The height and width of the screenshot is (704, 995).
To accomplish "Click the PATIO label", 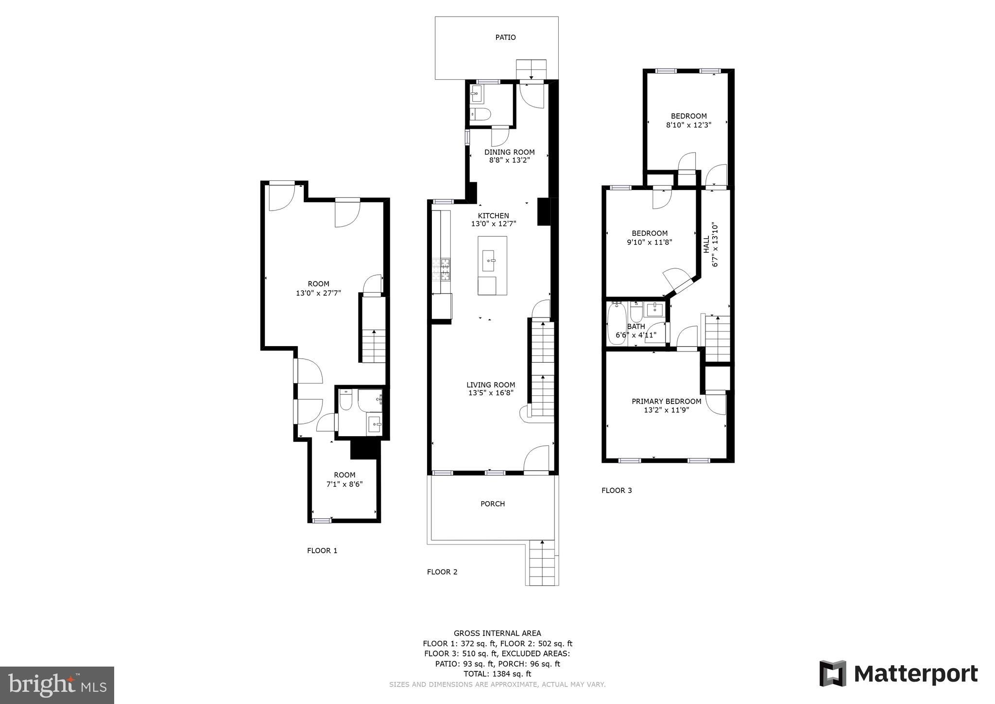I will pyautogui.click(x=505, y=37).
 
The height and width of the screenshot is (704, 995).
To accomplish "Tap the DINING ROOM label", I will pyautogui.click(x=509, y=152).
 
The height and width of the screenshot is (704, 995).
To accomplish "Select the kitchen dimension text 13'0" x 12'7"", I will pyautogui.click(x=493, y=224).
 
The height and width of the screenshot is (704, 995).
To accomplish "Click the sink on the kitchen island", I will pyautogui.click(x=488, y=261).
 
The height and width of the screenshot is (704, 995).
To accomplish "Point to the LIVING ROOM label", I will pyautogui.click(x=491, y=385).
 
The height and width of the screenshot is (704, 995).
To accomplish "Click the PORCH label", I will pyautogui.click(x=493, y=504).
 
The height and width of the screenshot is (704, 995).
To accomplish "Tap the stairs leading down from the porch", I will pyautogui.click(x=541, y=564).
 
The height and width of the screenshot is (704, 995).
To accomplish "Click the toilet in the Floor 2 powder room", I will pyautogui.click(x=481, y=114).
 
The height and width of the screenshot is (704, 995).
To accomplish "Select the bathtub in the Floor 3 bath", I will pyautogui.click(x=616, y=323).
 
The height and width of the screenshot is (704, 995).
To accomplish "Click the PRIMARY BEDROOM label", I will pyautogui.click(x=666, y=401).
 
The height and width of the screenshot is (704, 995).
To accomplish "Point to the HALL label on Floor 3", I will pyautogui.click(x=706, y=245).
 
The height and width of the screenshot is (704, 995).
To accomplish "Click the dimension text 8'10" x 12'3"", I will pyautogui.click(x=688, y=125).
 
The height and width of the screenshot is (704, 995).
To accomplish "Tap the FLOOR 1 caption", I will pyautogui.click(x=322, y=550).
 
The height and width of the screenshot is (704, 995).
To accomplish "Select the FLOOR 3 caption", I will pyautogui.click(x=617, y=490).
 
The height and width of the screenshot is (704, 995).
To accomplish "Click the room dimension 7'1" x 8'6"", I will pyautogui.click(x=344, y=484).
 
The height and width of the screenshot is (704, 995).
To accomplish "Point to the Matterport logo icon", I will pyautogui.click(x=833, y=673).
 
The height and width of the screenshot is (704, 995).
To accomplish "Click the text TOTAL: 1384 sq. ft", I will pyautogui.click(x=497, y=674).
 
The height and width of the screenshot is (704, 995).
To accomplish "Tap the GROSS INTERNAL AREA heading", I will pyautogui.click(x=497, y=633).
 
